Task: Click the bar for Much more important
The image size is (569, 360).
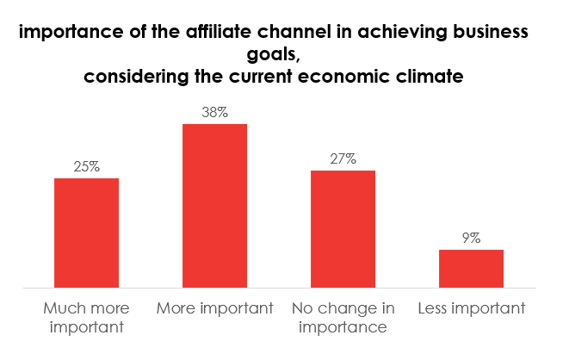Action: [x=86, y=233]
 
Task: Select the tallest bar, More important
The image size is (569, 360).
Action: [x=214, y=206]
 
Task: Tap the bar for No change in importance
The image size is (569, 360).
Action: [x=343, y=229]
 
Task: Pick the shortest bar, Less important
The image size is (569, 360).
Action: [x=471, y=269]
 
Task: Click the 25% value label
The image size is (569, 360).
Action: [x=86, y=166]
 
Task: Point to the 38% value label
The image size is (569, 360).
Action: [x=214, y=112]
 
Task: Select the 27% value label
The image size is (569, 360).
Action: [x=343, y=158]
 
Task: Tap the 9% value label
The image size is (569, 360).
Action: [x=471, y=238]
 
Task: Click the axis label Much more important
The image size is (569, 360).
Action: [x=86, y=316]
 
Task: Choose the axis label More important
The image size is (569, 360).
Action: [x=214, y=307]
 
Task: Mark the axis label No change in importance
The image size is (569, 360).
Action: [x=343, y=316]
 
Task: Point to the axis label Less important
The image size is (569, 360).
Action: [x=471, y=307]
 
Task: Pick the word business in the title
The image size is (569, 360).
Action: [x=486, y=34]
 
